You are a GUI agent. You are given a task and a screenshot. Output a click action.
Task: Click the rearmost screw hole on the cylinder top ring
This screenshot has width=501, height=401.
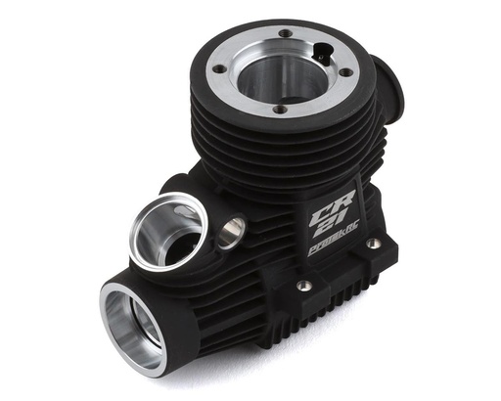[284, 33]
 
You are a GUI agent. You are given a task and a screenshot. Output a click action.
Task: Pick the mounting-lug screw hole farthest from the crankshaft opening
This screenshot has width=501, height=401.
[373, 244]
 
